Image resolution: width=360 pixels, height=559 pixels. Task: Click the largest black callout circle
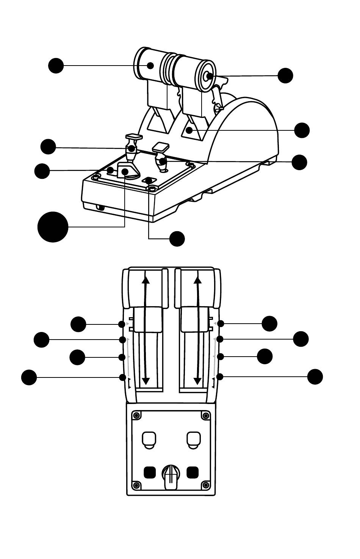point(53,227)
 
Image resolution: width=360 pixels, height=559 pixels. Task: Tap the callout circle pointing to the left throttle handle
point(56,66)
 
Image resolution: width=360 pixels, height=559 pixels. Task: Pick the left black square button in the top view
point(150,472)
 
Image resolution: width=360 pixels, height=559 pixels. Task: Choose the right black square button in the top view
point(193,472)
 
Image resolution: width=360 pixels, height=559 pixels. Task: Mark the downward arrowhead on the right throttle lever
point(197,380)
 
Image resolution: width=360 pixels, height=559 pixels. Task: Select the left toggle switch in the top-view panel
point(148,438)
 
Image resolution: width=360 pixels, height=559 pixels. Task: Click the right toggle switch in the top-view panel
point(194,438)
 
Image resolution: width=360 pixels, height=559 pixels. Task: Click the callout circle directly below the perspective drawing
point(177,239)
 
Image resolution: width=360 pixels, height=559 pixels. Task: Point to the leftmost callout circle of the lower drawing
point(29,377)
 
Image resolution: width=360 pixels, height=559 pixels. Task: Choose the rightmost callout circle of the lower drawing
point(315,377)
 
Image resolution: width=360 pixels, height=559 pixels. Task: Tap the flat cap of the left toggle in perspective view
point(134,136)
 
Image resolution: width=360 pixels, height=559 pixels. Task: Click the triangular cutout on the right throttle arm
point(191,130)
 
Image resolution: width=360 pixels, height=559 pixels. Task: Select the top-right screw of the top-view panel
point(206,416)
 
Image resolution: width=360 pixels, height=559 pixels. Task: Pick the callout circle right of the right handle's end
point(285,75)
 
